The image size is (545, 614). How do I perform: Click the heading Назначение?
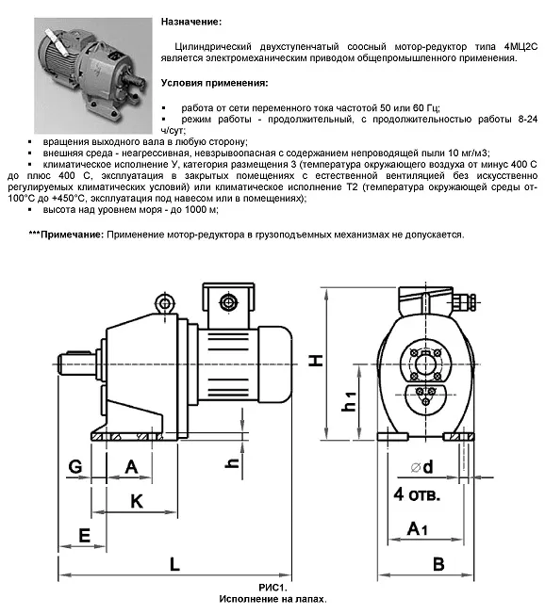191,22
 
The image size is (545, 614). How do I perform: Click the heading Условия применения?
215,83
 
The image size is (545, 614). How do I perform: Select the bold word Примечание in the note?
72,234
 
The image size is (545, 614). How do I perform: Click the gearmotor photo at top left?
93,75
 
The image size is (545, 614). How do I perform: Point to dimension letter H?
315,360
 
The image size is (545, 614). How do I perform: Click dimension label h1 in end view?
350,401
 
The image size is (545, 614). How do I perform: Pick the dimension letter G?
75,466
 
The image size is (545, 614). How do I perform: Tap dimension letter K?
137,501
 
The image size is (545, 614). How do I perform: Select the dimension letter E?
84,535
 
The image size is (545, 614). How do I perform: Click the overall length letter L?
174,564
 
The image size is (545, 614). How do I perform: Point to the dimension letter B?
438,564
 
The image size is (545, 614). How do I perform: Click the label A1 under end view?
417,529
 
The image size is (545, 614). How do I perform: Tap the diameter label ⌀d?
422,467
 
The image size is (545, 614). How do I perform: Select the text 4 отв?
417,494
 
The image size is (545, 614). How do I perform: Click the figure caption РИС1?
272,588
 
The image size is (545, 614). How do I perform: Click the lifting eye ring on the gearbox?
165,304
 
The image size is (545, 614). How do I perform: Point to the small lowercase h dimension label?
233,463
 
